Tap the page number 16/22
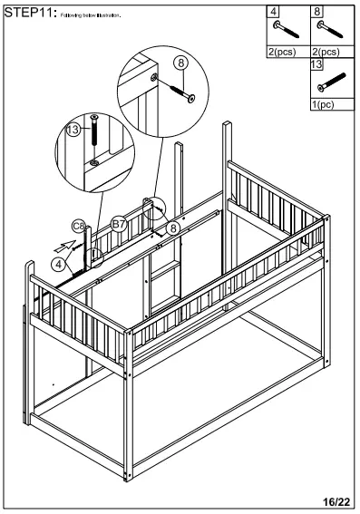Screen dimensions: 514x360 pyautogui.click(x=337, y=500)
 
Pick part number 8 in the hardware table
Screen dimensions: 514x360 pyautogui.click(x=317, y=13)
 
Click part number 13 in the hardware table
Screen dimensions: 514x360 pyautogui.click(x=317, y=64)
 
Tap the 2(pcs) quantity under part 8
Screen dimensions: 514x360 pyautogui.click(x=326, y=53)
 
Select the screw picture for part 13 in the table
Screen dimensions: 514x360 pyautogui.click(x=332, y=82)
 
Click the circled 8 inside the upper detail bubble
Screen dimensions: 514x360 pyautogui.click(x=181, y=63)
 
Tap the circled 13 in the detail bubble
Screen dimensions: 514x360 pyautogui.click(x=74, y=131)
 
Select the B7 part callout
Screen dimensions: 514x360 pyautogui.click(x=119, y=223)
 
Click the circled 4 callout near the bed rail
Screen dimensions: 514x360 pyautogui.click(x=59, y=264)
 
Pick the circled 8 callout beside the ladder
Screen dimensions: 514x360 pyautogui.click(x=172, y=228)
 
